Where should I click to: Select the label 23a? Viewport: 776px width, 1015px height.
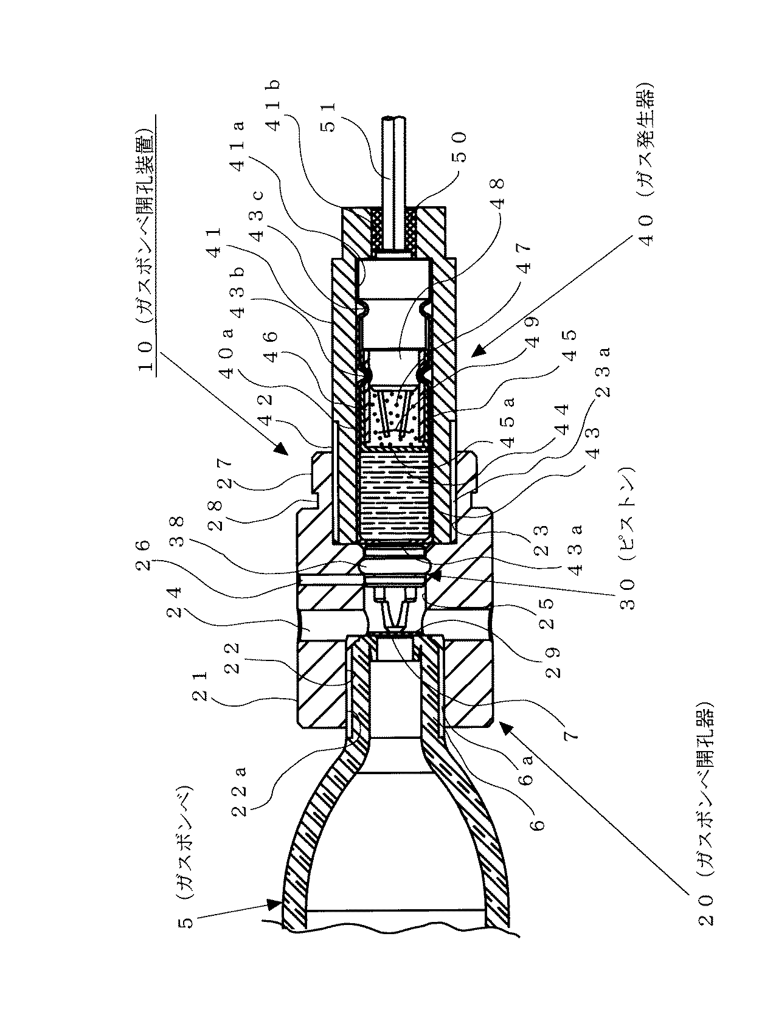605,372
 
